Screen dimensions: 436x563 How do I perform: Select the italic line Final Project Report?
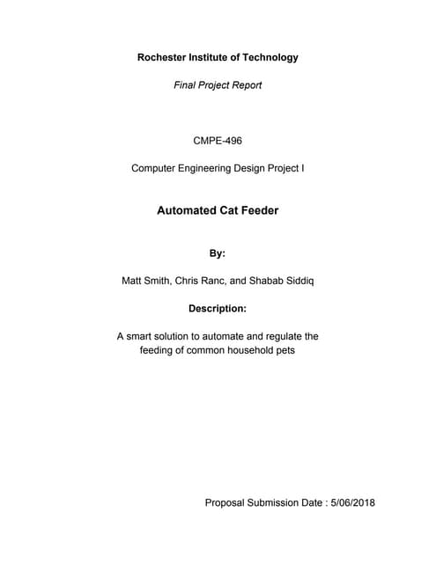218,86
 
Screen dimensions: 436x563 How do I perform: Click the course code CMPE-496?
218,140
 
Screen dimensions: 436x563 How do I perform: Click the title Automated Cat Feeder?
218,211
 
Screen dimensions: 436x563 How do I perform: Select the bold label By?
218,253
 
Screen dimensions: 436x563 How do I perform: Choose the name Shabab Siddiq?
284,282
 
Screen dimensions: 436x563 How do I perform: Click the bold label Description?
218,309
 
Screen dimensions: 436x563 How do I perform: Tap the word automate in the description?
225,337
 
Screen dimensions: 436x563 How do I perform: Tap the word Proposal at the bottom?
228,503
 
